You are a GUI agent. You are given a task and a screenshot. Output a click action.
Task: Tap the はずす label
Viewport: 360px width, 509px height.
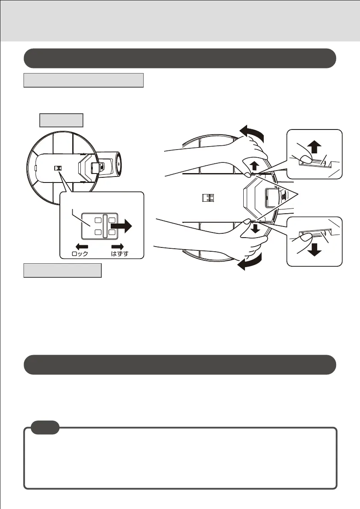pos(120,253)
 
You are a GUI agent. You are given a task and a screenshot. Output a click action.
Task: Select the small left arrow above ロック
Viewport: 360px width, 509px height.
pos(82,246)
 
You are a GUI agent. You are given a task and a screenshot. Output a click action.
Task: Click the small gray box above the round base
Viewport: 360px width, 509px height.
pos(61,120)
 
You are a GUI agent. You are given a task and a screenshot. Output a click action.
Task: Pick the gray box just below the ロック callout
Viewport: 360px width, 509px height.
pos(62,271)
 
